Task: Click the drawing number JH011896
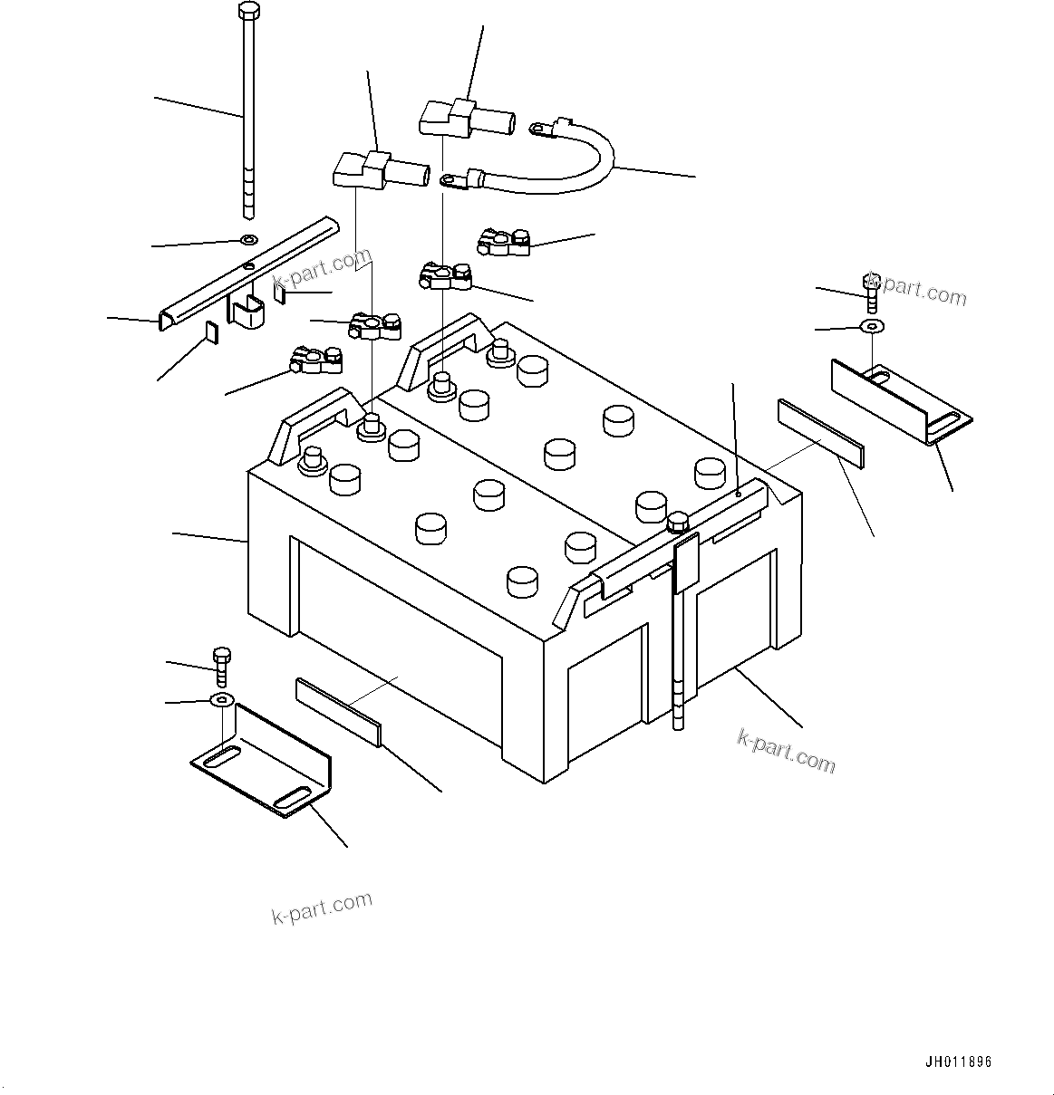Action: click(959, 1062)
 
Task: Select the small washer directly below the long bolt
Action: click(248, 240)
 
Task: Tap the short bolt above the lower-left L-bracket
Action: click(221, 666)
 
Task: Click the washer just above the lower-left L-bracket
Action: click(221, 699)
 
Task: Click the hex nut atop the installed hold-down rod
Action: click(677, 522)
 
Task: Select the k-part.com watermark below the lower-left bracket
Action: click(323, 907)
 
